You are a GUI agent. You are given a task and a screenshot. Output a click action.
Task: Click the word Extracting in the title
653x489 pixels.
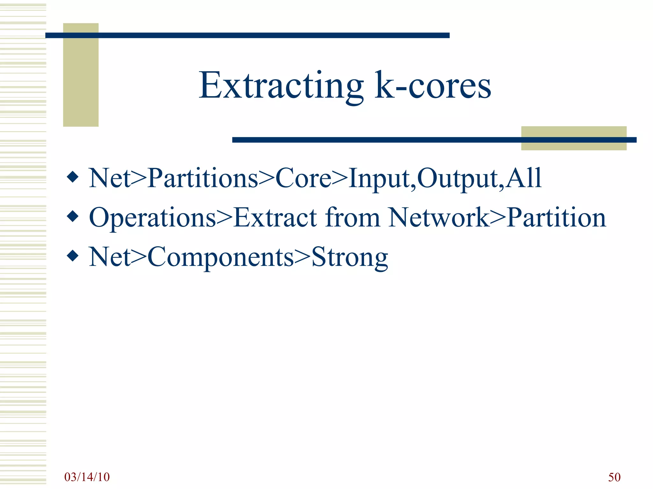281,85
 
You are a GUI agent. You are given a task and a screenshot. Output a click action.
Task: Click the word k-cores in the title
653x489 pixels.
433,85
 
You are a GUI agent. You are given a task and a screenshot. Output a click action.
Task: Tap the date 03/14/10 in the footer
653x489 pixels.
87,477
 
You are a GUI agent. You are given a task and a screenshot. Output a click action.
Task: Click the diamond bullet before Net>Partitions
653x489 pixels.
73,177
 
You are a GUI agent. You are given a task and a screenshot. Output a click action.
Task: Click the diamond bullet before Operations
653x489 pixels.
73,216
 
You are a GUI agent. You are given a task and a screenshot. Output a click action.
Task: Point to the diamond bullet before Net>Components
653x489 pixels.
73,256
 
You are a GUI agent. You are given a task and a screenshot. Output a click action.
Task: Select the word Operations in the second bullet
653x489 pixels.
152,218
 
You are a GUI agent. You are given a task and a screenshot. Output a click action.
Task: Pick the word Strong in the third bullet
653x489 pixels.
349,257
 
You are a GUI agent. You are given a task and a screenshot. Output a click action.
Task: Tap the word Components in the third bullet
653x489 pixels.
220,257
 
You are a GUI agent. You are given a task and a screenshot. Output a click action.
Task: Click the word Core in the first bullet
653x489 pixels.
303,178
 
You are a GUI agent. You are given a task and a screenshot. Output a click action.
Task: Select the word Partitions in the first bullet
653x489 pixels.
202,178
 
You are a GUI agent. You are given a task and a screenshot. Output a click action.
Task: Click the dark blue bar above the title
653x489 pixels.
247,35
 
